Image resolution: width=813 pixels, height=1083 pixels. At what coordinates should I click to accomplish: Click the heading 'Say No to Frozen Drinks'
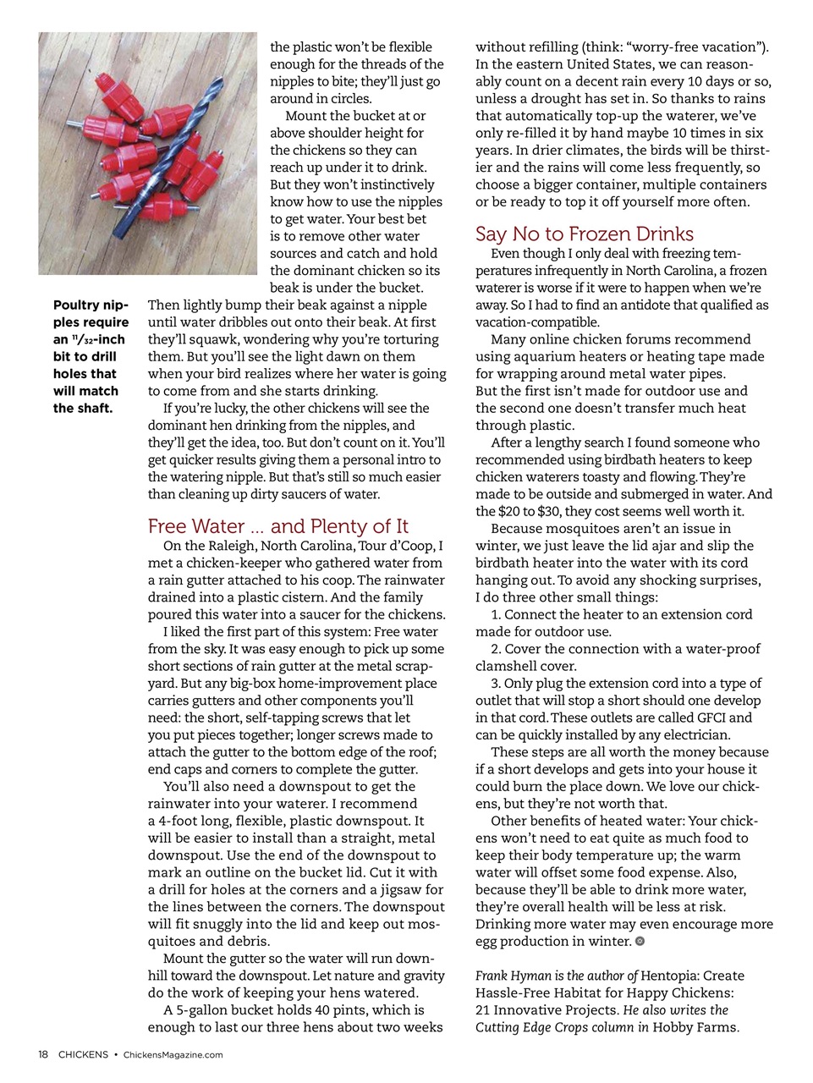coord(584,234)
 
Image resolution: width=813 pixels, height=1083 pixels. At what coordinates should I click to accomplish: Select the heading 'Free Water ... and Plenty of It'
coord(277,525)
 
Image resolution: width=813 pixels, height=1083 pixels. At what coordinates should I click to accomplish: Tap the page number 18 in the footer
coord(43,1054)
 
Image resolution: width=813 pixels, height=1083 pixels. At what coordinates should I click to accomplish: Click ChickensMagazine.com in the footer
coord(173,1054)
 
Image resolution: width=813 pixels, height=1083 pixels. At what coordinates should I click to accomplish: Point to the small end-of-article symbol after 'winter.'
coord(640,941)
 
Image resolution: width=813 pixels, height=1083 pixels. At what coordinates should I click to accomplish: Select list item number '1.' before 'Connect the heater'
coord(496,614)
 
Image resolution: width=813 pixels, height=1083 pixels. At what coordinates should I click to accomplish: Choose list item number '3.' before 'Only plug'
coord(496,683)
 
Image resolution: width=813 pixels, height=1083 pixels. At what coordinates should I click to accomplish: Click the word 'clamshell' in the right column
coord(504,666)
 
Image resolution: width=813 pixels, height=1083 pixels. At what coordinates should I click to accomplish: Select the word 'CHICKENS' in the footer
coord(83,1054)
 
